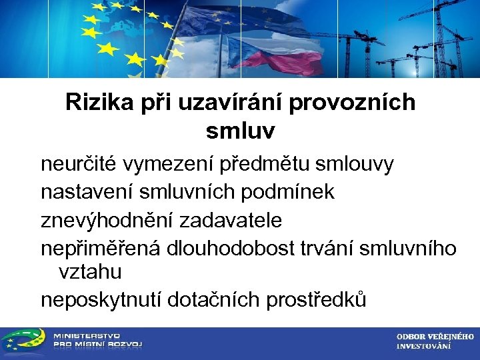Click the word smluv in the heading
coord(240,131)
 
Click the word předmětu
coord(275,163)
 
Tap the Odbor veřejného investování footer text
coord(435,341)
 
